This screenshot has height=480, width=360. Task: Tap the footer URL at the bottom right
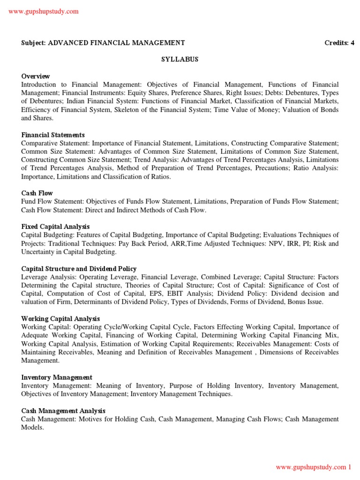pyautogui.click(x=313, y=467)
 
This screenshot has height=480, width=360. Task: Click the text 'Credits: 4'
pyautogui.click(x=339, y=43)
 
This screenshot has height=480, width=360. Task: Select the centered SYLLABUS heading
pyautogui.click(x=180, y=60)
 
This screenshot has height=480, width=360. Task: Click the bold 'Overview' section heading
pyautogui.click(x=36, y=76)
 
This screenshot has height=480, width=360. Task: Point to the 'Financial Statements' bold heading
pyautogui.click(x=53, y=135)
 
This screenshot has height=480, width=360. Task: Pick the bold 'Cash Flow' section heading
pyautogui.click(x=37, y=193)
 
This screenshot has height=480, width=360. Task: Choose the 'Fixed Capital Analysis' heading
pyautogui.click(x=55, y=226)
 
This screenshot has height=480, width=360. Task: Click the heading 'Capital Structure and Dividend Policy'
pyautogui.click(x=79, y=269)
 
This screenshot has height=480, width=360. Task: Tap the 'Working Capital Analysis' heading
pyautogui.click(x=60, y=319)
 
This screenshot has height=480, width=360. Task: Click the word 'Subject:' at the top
pyautogui.click(x=33, y=43)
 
